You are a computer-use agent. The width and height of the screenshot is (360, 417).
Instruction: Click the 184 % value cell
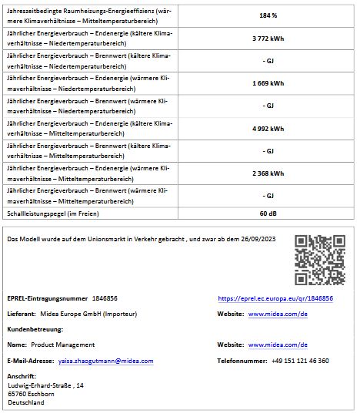tap(268, 15)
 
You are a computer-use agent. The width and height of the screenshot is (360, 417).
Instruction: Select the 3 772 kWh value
tap(268, 39)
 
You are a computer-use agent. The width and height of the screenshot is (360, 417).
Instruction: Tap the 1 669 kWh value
tap(268, 82)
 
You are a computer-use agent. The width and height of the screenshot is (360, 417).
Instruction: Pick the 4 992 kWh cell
tap(268, 128)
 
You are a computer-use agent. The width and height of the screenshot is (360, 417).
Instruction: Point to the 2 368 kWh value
tap(268, 173)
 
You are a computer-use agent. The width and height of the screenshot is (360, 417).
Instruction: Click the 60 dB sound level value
tap(268, 213)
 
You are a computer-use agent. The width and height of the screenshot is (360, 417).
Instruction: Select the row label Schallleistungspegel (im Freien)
tap(52, 213)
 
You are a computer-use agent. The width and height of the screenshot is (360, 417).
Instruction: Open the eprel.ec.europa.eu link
tap(275, 298)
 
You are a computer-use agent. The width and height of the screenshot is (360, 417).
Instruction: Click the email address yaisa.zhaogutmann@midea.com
tap(104, 361)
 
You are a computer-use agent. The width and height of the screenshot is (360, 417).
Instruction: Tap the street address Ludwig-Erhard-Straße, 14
tap(45, 385)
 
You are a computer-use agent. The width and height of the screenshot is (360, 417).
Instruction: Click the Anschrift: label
tap(21, 376)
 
